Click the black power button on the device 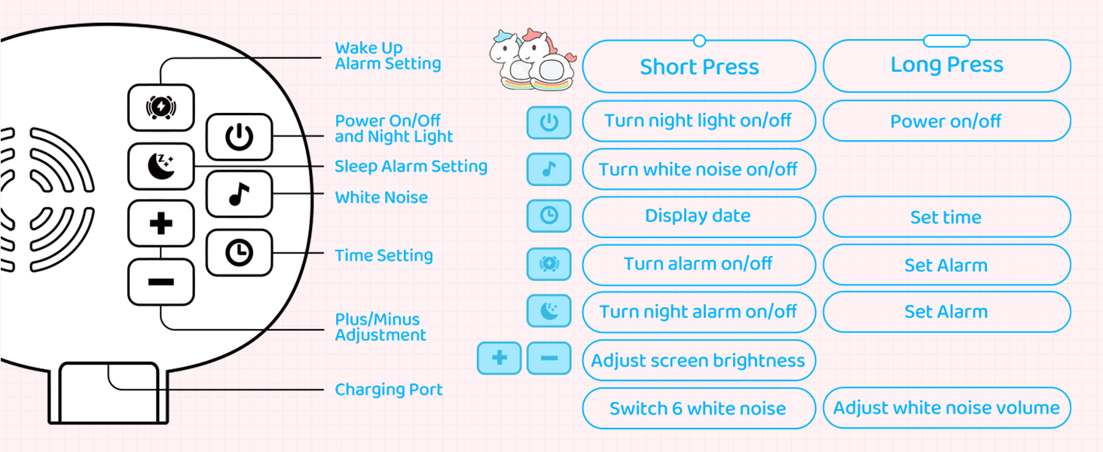[x=239, y=136]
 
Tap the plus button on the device [x=161, y=224]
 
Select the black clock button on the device [x=239, y=252]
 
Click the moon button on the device [x=161, y=166]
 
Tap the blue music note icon [x=548, y=169]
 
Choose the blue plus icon [x=500, y=358]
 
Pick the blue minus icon [x=548, y=358]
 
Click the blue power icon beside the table [x=548, y=122]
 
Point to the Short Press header [x=698, y=67]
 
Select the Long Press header [x=946, y=66]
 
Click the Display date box [x=698, y=217]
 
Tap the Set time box [x=946, y=217]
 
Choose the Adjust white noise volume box [x=946, y=408]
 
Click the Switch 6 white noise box [x=698, y=408]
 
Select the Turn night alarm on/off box [x=698, y=312]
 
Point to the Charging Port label [x=389, y=389]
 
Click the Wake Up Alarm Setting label [x=388, y=56]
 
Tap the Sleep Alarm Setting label [x=411, y=166]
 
